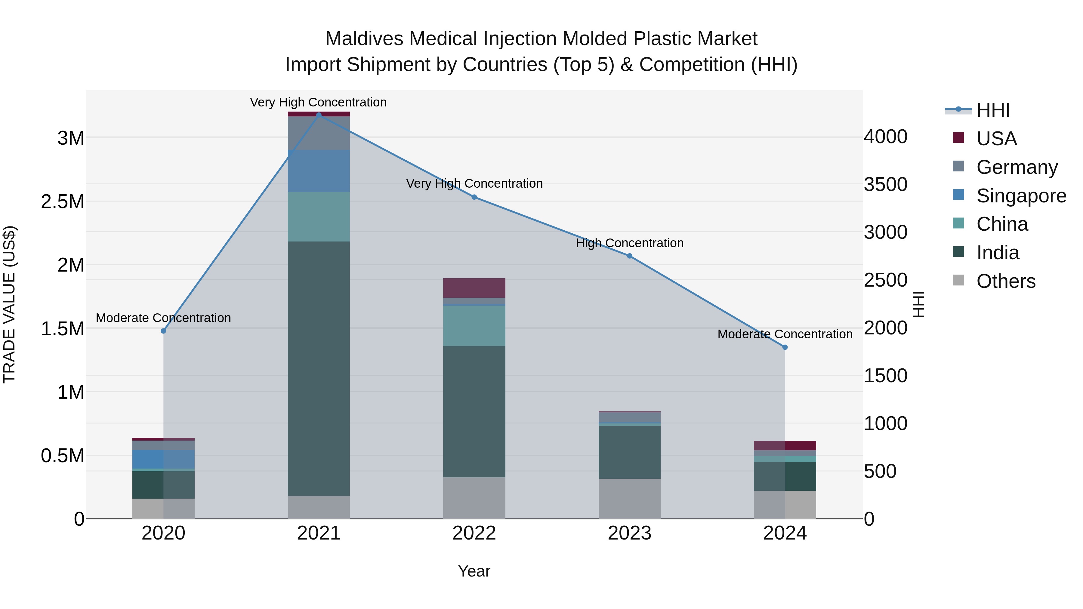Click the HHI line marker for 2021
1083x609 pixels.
tap(319, 115)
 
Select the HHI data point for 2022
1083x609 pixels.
tap(474, 197)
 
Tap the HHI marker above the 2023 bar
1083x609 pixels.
tap(629, 256)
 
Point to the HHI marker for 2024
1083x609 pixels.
tap(785, 347)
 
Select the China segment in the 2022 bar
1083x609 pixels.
tap(474, 326)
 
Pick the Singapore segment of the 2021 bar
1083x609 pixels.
tap(319, 171)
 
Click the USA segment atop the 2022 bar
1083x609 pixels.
tap(474, 288)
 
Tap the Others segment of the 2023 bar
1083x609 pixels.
tap(629, 498)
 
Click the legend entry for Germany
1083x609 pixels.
tap(1016, 167)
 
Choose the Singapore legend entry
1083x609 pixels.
tap(1021, 196)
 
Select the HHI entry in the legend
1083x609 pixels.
tap(993, 110)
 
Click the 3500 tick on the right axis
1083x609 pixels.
tap(885, 185)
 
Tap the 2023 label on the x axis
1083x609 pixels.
tap(629, 533)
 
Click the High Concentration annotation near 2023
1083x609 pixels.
tap(629, 243)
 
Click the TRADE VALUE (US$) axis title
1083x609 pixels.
tap(9, 304)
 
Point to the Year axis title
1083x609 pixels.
tap(474, 571)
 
